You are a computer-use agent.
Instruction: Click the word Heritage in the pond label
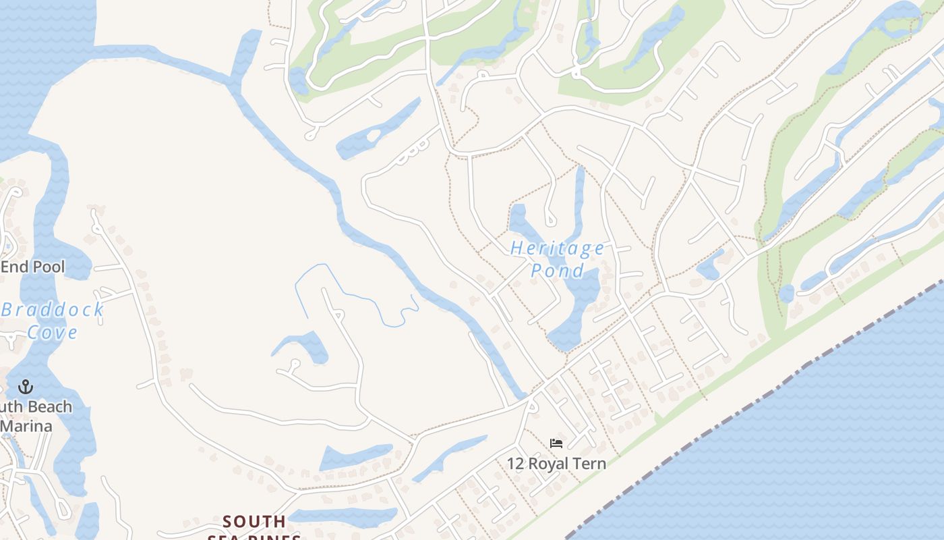pyautogui.click(x=558, y=248)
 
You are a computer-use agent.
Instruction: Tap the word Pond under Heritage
pyautogui.click(x=558, y=271)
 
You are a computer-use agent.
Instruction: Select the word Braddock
pyautogui.click(x=53, y=310)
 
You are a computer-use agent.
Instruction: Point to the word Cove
pyautogui.click(x=53, y=332)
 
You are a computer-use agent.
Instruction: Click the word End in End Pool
pyautogui.click(x=14, y=267)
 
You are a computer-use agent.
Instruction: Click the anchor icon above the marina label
pyautogui.click(x=25, y=387)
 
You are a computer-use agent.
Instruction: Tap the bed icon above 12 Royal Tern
pyautogui.click(x=556, y=443)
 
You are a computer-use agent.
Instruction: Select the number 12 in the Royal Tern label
pyautogui.click(x=516, y=464)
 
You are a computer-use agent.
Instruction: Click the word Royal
pyautogui.click(x=550, y=464)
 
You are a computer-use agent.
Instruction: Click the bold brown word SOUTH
pyautogui.click(x=254, y=522)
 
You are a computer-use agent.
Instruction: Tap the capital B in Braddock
pyautogui.click(x=8, y=310)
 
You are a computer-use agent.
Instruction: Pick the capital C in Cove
pyautogui.click(x=32, y=332)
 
